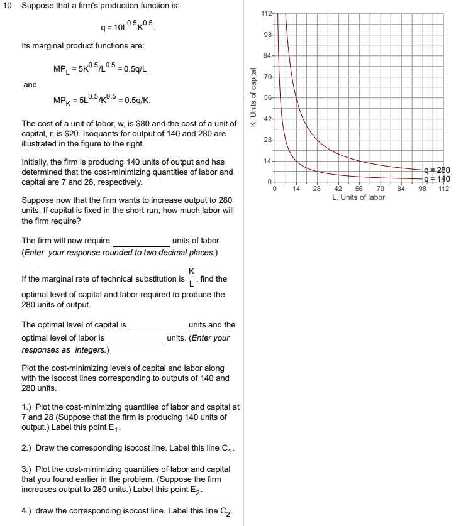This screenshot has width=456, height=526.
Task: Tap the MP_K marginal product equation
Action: click(x=102, y=99)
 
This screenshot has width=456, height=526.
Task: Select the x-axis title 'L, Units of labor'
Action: click(x=359, y=197)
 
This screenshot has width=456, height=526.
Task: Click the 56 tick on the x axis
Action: click(x=359, y=189)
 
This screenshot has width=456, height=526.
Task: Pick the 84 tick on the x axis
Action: click(x=401, y=189)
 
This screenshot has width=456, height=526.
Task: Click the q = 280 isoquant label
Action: click(x=437, y=170)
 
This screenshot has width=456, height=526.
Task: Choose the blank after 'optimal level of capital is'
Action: click(x=157, y=326)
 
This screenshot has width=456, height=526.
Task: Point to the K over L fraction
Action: click(x=191, y=278)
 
